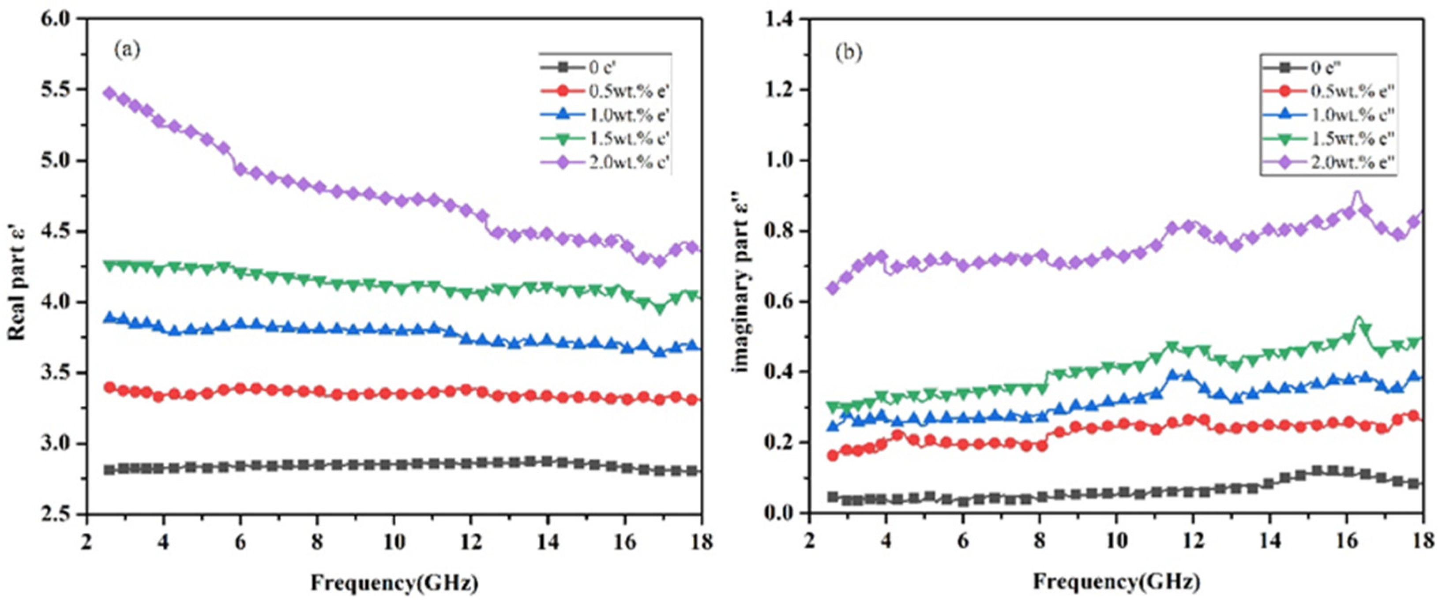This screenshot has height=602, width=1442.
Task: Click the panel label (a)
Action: pyautogui.click(x=127, y=51)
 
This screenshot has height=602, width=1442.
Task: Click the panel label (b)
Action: pyautogui.click(x=849, y=53)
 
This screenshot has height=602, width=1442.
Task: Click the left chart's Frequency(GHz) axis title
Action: pyautogui.click(x=394, y=583)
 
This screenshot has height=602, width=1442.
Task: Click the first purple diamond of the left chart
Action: pyautogui.click(x=110, y=93)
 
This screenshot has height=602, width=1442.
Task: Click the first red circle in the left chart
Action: pyautogui.click(x=110, y=387)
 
